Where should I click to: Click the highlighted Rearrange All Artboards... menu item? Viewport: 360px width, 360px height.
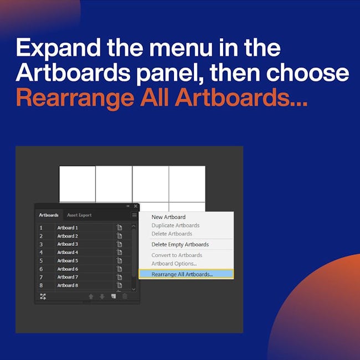click(186, 274)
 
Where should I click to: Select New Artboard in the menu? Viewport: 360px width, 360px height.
click(168, 217)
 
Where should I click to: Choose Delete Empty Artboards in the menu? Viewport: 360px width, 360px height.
click(180, 244)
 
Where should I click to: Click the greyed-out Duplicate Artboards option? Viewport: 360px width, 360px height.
click(176, 225)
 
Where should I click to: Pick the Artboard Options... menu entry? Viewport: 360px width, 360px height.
click(174, 264)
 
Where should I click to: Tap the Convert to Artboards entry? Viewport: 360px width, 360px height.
click(177, 255)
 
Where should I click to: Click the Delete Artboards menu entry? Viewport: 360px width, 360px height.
click(172, 234)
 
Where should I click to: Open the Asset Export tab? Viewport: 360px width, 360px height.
click(79, 215)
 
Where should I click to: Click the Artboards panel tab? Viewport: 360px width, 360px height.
click(49, 215)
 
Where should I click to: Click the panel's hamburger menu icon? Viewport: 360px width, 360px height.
click(135, 215)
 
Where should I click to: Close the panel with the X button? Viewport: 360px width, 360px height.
click(136, 206)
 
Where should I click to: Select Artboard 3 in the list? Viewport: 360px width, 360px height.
click(68, 244)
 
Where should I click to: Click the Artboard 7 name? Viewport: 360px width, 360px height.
click(68, 277)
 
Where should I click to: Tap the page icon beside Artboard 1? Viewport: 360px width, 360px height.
click(120, 228)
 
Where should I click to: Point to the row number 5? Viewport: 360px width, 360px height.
click(41, 261)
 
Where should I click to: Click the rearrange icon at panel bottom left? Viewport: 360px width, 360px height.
click(43, 296)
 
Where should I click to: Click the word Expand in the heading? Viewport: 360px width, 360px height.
click(58, 48)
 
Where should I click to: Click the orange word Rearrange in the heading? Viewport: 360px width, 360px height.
click(75, 98)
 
